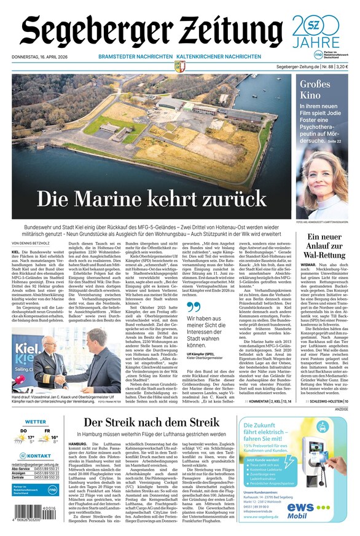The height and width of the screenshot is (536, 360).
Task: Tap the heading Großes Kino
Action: [316, 90]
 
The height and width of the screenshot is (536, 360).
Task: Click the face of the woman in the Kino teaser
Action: [326, 178]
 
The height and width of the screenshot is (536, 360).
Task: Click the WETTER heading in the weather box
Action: [36, 422]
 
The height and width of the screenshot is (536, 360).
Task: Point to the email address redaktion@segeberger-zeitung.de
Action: [36, 464]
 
